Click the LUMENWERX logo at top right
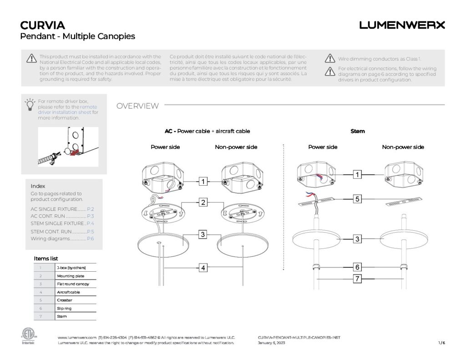[402, 25]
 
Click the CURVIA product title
[43, 25]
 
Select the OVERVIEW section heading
[137, 106]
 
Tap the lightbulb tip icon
[30, 104]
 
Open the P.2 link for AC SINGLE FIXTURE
[90, 208]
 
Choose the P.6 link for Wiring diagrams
[90, 238]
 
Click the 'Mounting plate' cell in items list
[76, 276]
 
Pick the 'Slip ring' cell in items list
[76, 308]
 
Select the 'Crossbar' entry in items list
[76, 300]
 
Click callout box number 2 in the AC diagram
[203, 202]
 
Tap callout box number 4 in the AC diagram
[203, 268]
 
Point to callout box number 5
[358, 198]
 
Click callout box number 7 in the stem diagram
[358, 279]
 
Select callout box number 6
[358, 267]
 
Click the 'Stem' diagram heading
[358, 131]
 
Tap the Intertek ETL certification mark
[28, 336]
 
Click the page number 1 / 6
[441, 343]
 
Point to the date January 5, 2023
[271, 343]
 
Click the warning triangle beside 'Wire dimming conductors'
[330, 58]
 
